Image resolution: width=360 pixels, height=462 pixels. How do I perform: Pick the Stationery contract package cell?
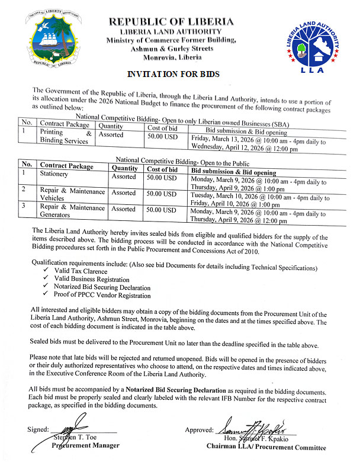[54, 174]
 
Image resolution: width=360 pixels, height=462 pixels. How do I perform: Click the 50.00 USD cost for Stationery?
[161, 177]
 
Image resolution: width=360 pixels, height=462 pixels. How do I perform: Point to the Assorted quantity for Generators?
[124, 209]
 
